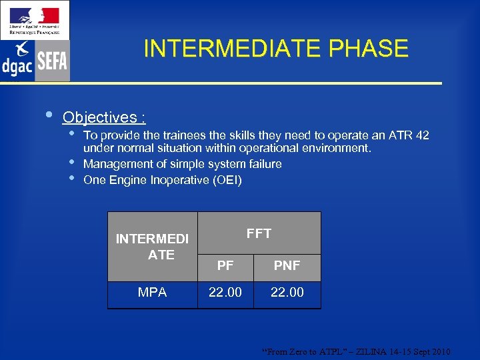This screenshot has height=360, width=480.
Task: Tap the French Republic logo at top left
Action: [34, 20]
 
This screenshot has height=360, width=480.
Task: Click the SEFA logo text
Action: [52, 63]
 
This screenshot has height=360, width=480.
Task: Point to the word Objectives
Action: [99, 117]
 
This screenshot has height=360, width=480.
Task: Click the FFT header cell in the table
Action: [259, 233]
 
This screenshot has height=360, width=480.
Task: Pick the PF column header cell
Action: [225, 266]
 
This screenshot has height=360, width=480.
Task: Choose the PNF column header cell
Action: [287, 266]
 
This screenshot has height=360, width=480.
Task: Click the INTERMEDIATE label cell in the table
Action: [152, 247]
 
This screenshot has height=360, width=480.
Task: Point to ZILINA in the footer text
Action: [370, 351]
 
